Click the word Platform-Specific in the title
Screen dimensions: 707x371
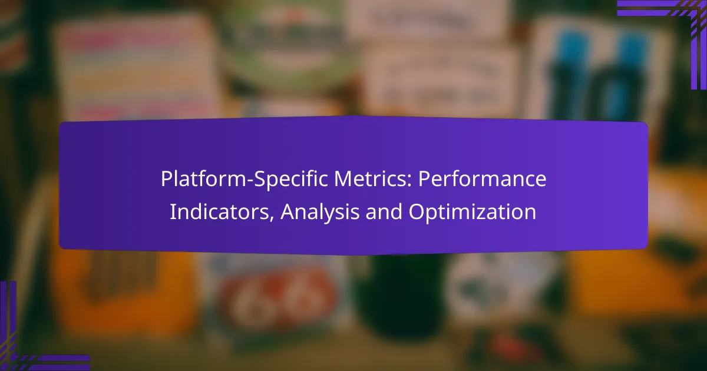pyautogui.click(x=245, y=179)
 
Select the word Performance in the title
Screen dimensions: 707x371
pyautogui.click(x=483, y=179)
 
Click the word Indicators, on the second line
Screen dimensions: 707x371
pyautogui.click(x=222, y=212)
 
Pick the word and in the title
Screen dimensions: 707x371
pyautogui.click(x=384, y=211)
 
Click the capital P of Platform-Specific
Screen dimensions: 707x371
pyautogui.click(x=166, y=179)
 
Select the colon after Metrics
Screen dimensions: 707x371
pyautogui.click(x=409, y=182)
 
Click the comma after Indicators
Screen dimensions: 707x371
pyautogui.click(x=271, y=218)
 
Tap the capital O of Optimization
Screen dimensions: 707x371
pyautogui.click(x=417, y=212)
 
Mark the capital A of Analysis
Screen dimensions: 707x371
pyautogui.click(x=288, y=212)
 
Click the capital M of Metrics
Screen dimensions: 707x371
pyautogui.click(x=343, y=179)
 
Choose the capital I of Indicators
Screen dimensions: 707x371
pyautogui.click(x=172, y=212)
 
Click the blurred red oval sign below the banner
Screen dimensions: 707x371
pyautogui.click(x=277, y=300)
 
